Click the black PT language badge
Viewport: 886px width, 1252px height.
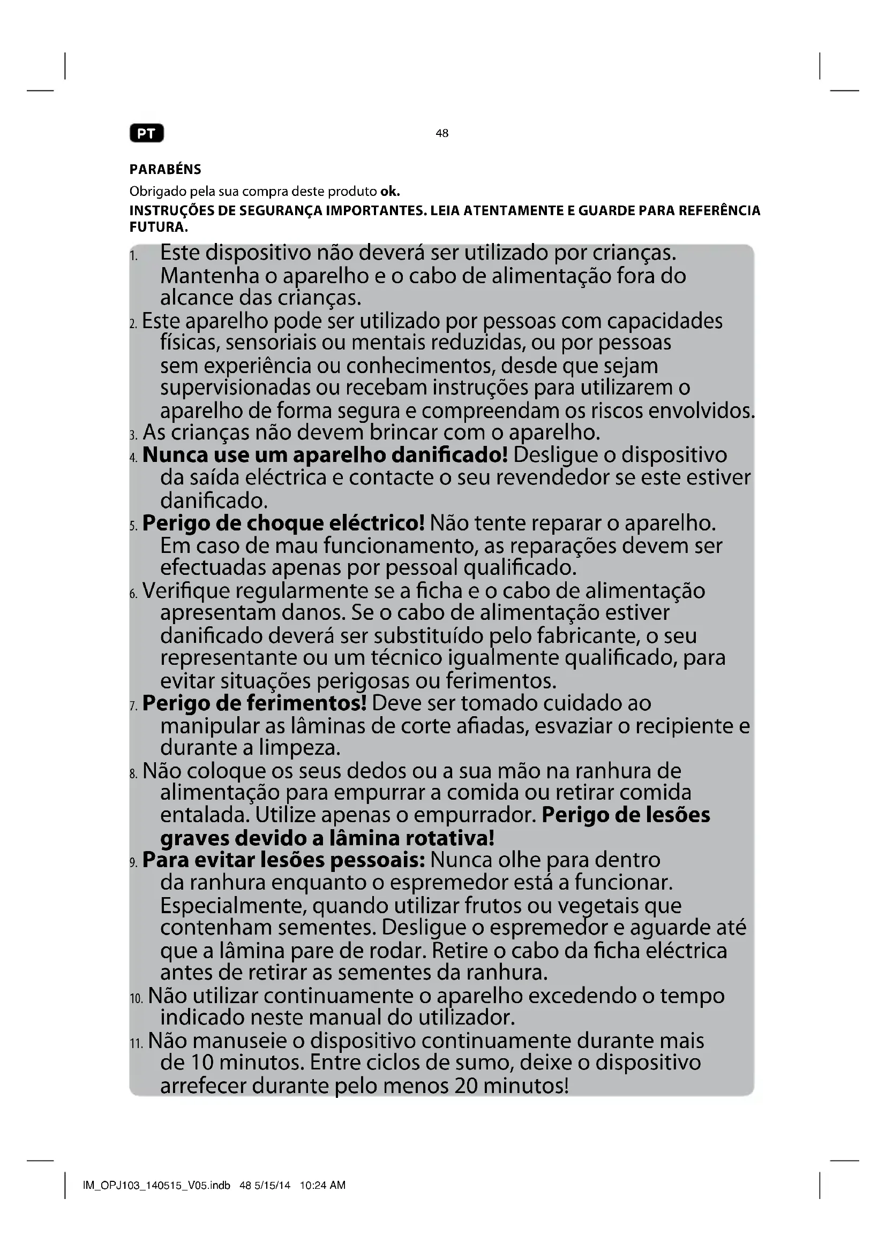[x=146, y=134]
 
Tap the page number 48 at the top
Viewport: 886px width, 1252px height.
[x=442, y=133]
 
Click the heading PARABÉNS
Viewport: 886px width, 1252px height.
[x=166, y=170]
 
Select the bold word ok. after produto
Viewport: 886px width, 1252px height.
[x=390, y=192]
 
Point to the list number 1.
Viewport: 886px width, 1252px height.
[x=133, y=255]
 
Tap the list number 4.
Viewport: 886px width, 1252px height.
[x=134, y=458]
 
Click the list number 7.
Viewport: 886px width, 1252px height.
[x=134, y=706]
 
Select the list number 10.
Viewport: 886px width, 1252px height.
[x=137, y=999]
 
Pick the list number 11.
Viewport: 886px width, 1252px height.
[x=137, y=1044]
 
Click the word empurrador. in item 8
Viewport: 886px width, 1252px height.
[x=474, y=815]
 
